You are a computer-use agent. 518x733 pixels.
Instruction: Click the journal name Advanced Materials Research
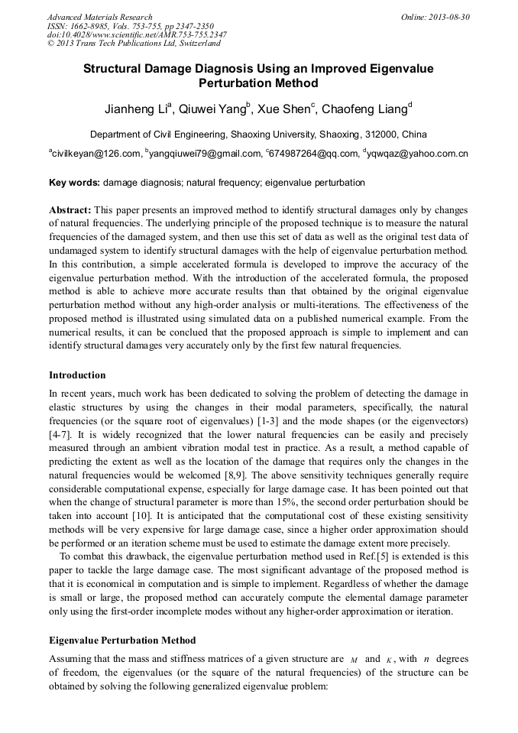100,17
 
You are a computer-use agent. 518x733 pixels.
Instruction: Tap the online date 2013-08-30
448,17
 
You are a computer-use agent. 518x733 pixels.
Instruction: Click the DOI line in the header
137,34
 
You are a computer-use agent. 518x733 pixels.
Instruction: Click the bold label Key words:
74,183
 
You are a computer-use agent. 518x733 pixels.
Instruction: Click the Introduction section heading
77,375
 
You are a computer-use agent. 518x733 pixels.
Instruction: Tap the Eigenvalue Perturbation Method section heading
122,641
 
